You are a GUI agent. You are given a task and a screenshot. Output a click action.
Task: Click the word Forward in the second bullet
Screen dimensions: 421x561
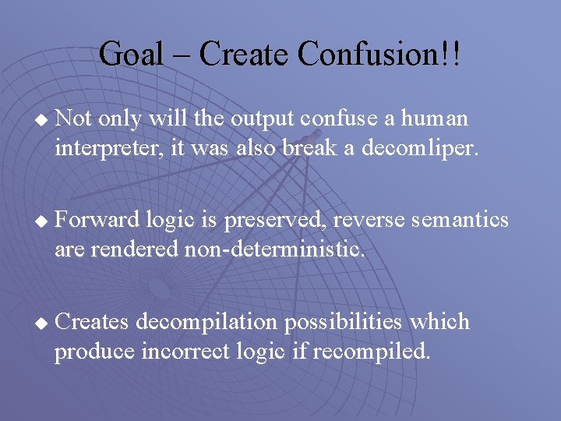pyautogui.click(x=98, y=220)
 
